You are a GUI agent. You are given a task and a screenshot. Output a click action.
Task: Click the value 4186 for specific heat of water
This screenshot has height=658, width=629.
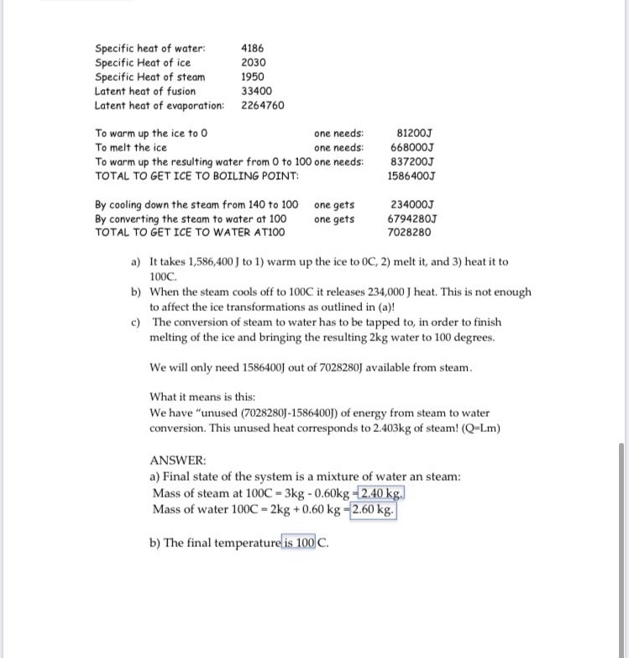point(253,50)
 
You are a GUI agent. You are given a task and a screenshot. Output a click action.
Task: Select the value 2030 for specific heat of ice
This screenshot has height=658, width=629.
point(253,63)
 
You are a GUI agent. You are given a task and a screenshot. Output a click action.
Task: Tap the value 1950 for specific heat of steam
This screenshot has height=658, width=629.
point(253,77)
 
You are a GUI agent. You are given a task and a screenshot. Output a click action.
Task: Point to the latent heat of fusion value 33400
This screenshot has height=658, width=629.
point(256,91)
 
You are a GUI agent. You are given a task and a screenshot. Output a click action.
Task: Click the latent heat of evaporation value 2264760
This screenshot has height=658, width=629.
point(263,105)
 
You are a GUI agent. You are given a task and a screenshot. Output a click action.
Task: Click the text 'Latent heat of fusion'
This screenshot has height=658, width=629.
point(145,91)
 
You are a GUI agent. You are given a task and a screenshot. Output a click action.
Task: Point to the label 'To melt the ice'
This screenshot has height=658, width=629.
point(131,148)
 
